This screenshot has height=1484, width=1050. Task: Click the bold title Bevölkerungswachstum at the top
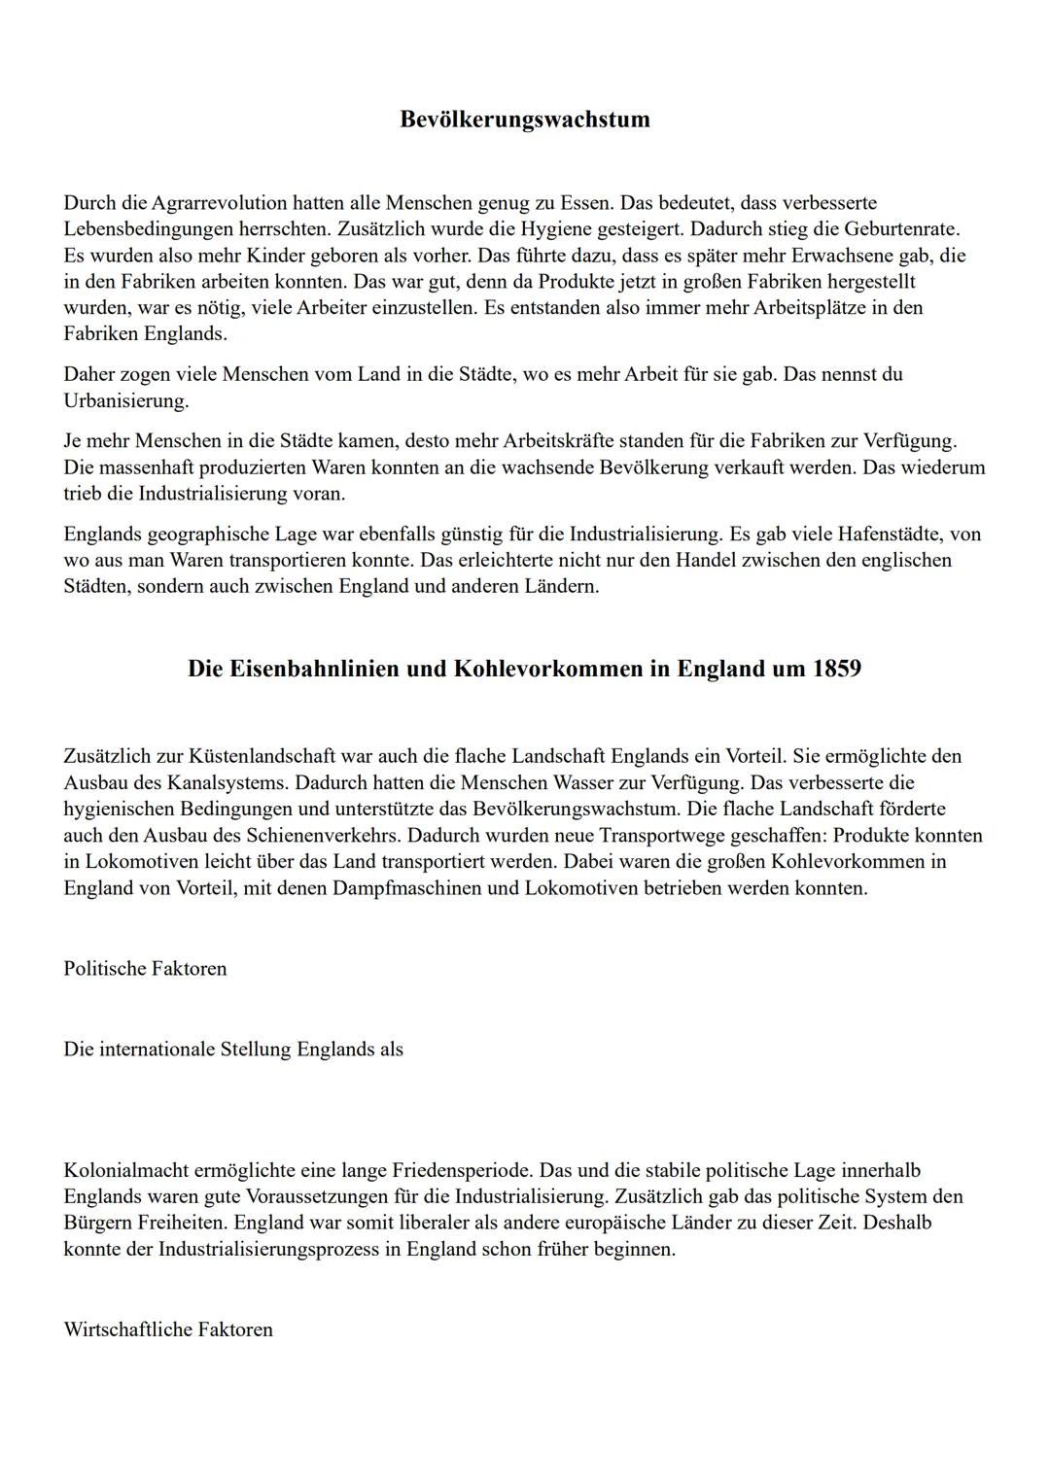coord(524,120)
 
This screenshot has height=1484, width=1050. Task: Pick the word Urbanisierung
coord(126,400)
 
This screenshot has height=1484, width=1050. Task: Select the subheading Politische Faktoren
coord(145,968)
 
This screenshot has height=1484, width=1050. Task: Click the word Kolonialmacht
coord(123,1170)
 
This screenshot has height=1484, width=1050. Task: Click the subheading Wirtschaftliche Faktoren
coord(168,1329)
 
